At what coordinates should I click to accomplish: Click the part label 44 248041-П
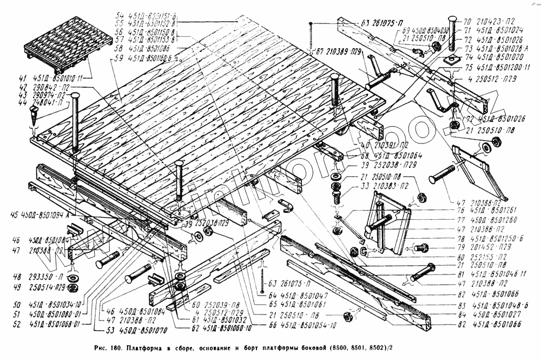click(x=46, y=102)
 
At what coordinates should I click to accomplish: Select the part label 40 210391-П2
click(x=381, y=145)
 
